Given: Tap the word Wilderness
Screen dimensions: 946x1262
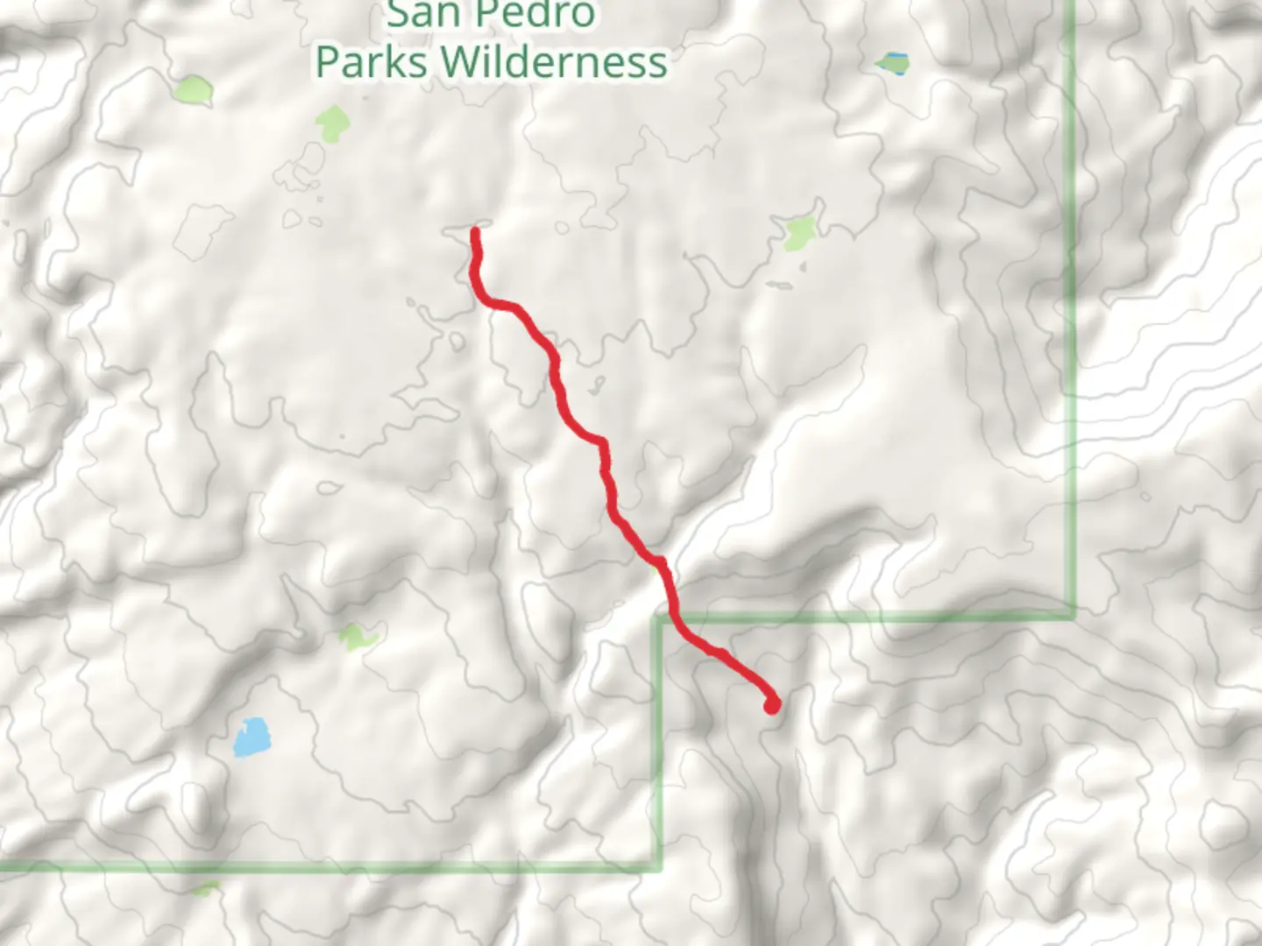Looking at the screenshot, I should click(x=554, y=62).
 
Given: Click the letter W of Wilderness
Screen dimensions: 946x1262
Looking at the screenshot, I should click(x=459, y=62).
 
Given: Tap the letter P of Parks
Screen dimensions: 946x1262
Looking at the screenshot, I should click(x=327, y=62).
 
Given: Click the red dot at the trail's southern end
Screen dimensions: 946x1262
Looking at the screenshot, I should click(x=771, y=704).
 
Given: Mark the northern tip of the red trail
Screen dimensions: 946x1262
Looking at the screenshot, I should click(x=476, y=232).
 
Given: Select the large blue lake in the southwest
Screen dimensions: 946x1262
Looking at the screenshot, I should click(x=252, y=738).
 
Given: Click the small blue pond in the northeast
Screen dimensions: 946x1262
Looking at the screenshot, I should click(x=894, y=62).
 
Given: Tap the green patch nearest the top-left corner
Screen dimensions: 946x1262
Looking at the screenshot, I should click(x=194, y=89).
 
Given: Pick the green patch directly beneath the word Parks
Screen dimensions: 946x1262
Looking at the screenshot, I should click(x=332, y=124).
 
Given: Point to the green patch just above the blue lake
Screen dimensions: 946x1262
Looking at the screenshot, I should click(x=356, y=637).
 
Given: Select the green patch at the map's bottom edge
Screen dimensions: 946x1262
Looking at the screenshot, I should click(x=207, y=889).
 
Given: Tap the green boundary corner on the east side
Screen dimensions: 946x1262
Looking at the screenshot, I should click(x=1071, y=616).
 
